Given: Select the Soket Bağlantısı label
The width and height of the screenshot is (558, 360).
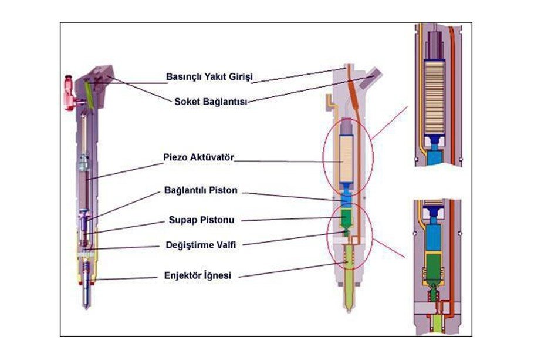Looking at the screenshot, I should (211, 101).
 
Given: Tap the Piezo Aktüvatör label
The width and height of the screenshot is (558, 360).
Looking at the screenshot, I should (198, 158).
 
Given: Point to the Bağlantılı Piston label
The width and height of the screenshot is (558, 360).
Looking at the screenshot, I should (201, 192).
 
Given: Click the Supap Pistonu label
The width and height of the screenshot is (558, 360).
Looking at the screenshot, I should (201, 221).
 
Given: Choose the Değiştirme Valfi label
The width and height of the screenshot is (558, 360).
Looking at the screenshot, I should (201, 245).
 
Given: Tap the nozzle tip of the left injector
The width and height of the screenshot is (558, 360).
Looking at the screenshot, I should (86, 302).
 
